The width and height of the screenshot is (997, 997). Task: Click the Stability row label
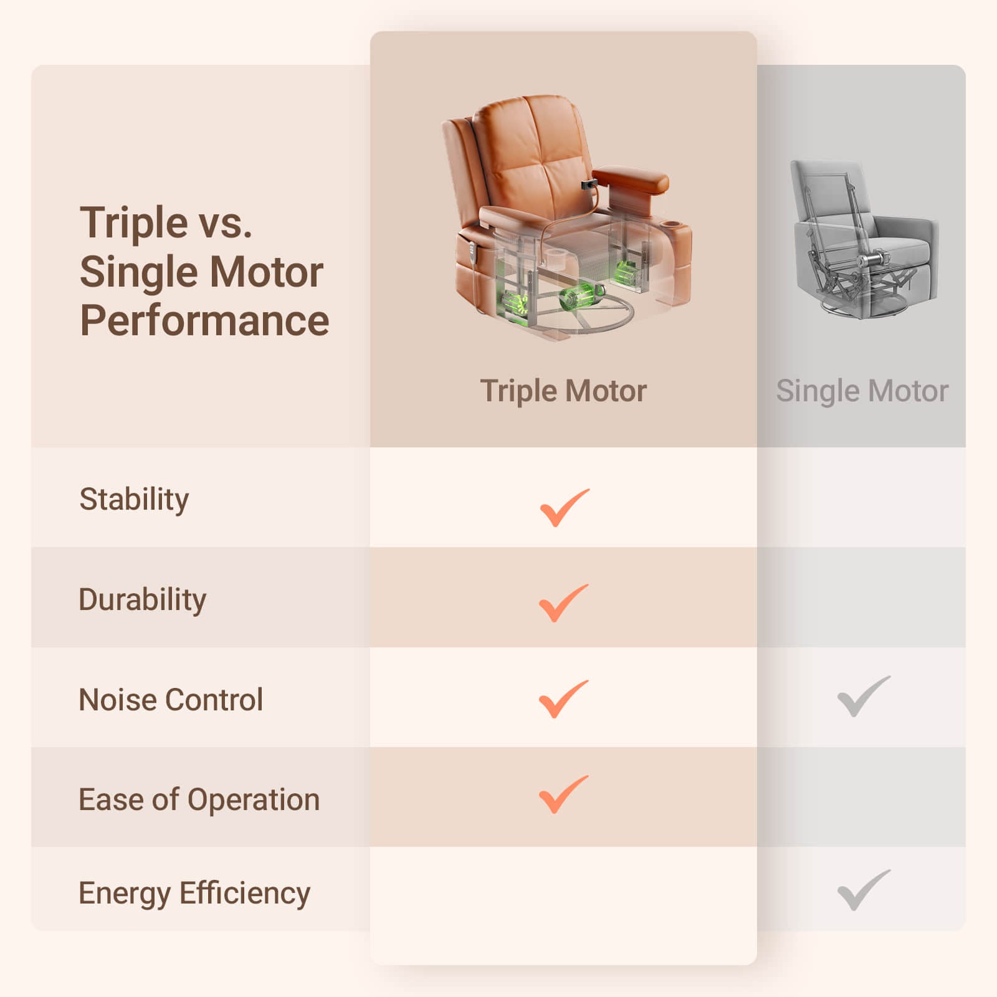pos(134,500)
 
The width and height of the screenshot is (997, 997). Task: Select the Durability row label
pos(142,600)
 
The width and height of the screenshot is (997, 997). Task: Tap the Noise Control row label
pos(171,700)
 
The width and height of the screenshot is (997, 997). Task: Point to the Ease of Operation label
pos(199,799)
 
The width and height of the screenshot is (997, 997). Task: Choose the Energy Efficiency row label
pos(194,894)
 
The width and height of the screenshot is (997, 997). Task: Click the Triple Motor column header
pos(563,391)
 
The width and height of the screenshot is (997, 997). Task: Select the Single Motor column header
pos(862,391)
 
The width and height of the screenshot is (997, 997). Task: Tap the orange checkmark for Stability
pos(564,508)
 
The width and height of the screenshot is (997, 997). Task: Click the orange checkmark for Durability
pos(563,603)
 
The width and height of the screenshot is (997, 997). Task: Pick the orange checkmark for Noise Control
pos(563,699)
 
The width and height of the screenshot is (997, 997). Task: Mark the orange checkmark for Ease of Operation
pos(563,794)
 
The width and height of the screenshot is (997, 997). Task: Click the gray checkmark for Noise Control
pos(864,696)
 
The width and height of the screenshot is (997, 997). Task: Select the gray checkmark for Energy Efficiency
pos(864,890)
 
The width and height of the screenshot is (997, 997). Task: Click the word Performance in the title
pos(204,320)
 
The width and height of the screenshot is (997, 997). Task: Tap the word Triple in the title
pos(134,224)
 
